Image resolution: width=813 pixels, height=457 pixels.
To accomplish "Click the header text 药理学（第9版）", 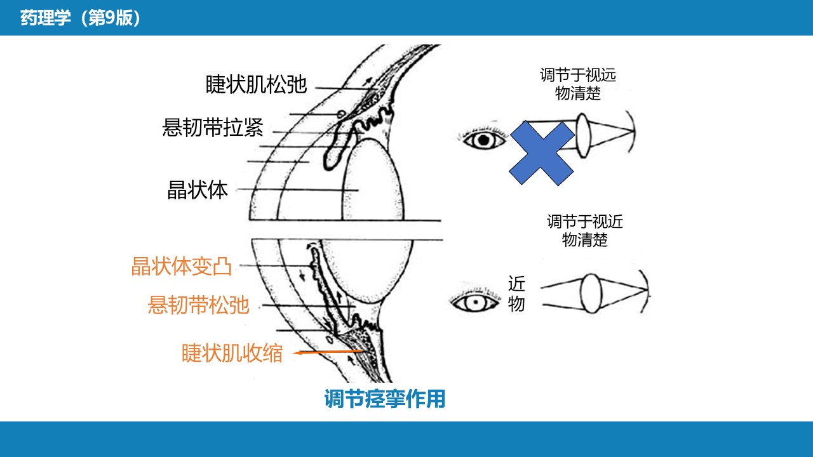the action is (80, 18).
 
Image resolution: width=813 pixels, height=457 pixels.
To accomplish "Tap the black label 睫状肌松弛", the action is (256, 84).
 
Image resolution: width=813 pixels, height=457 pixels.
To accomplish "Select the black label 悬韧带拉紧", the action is (213, 128).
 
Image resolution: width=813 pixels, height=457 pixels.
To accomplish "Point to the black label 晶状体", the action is (198, 190).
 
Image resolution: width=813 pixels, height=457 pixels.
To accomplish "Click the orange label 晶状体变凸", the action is (181, 267).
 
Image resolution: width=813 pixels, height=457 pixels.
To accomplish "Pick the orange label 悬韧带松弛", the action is (199, 305).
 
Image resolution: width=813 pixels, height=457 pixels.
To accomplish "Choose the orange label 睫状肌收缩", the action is (232, 353).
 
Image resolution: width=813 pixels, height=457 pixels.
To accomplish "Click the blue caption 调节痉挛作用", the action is (385, 399).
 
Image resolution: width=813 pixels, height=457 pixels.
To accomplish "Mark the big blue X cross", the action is (542, 153).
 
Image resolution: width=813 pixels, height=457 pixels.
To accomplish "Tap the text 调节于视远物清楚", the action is (578, 84).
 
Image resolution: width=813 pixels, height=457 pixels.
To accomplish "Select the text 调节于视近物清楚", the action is (585, 230).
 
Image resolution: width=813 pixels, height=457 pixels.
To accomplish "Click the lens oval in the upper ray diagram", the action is (583, 136).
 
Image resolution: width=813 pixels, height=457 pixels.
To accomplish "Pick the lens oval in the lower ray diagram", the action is (591, 293).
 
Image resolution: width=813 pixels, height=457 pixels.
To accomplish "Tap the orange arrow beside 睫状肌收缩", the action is (327, 352).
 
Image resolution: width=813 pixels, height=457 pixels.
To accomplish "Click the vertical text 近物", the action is (516, 294).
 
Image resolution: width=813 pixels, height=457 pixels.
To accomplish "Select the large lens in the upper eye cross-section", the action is (373, 180).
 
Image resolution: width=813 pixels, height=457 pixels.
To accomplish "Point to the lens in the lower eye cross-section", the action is (367, 268).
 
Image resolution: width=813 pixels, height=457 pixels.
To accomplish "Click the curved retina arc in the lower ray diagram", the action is (647, 291).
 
